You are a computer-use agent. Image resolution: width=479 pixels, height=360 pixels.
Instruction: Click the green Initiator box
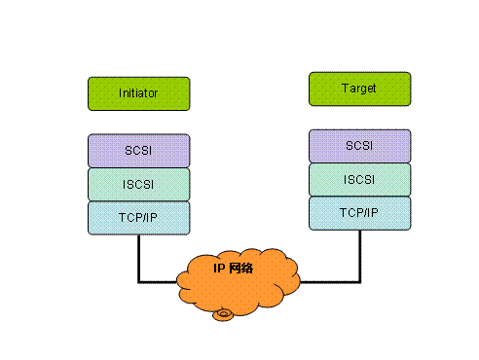pos(138,93)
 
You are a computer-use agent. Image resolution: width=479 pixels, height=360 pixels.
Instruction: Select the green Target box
pos(358,89)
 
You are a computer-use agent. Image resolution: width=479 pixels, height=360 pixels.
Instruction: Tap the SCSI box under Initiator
pos(138,151)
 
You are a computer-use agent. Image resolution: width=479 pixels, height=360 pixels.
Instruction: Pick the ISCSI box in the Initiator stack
pos(138,184)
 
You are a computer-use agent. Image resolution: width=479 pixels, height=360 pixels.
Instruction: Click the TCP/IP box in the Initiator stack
pos(138,216)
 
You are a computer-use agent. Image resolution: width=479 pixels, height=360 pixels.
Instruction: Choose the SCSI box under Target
pos(358,146)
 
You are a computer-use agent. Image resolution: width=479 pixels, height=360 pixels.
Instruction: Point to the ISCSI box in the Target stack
pos(358,179)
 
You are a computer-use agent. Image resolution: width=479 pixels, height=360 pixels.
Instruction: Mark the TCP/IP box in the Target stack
pos(358,212)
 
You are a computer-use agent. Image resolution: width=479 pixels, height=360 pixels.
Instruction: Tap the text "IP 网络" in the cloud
pos(234,267)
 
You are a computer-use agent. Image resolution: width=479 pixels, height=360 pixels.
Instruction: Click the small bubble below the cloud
pos(226,313)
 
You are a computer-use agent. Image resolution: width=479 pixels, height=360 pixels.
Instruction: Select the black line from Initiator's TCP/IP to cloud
pos(138,259)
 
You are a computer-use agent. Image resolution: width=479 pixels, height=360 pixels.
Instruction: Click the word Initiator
pos(138,93)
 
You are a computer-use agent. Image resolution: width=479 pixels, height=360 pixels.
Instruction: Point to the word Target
pos(358,89)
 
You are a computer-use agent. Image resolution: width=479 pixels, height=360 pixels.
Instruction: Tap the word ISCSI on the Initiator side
pos(138,184)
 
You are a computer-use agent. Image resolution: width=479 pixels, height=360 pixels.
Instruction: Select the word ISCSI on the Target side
pos(358,179)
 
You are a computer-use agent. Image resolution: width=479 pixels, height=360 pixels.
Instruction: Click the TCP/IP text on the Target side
pos(358,212)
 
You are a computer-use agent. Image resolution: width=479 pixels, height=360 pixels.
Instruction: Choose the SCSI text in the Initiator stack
pos(138,151)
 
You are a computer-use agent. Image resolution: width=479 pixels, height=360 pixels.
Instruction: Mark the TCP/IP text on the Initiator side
pos(138,216)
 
